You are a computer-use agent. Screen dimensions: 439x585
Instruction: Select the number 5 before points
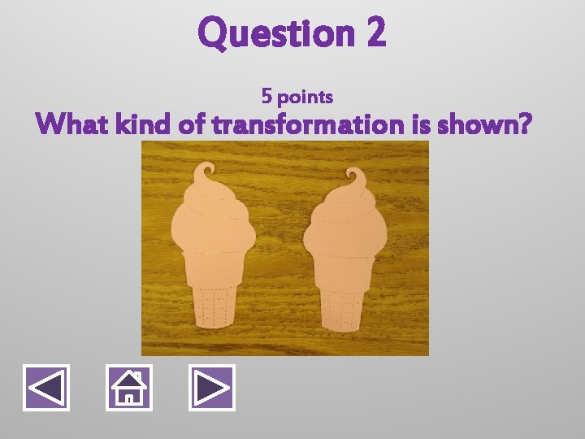[266, 97]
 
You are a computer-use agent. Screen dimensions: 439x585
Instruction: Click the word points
[305, 98]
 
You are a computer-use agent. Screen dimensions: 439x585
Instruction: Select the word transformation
[304, 125]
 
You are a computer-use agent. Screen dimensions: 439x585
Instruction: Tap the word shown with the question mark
[484, 125]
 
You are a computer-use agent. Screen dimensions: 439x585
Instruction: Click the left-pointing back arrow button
[46, 387]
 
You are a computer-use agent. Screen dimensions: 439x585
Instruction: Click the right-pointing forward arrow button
[211, 387]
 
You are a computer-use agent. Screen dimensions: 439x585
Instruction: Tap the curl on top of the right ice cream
[354, 177]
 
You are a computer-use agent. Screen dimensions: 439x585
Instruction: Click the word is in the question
[418, 125]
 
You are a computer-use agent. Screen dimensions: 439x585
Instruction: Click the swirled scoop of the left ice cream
[213, 219]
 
